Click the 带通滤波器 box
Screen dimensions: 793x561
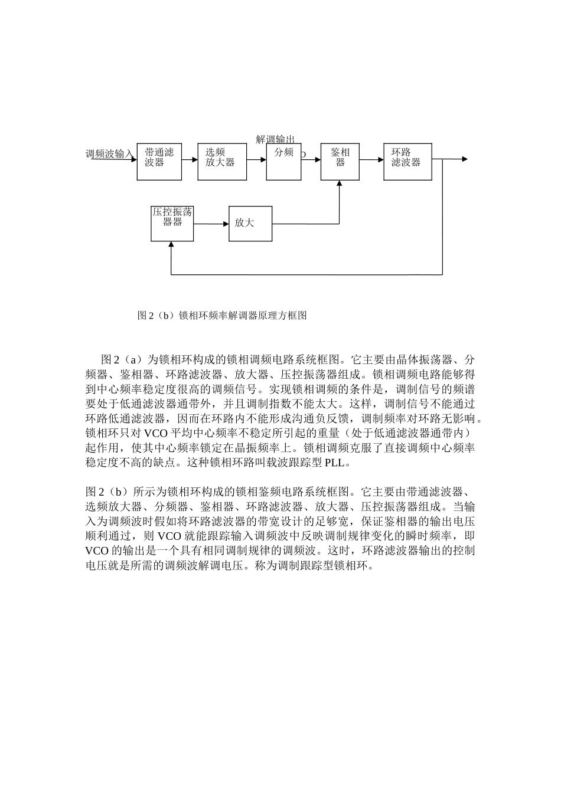(x=159, y=161)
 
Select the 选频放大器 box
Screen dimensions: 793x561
(x=222, y=161)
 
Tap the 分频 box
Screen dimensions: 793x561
(x=284, y=161)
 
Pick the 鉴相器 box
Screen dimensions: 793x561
(x=340, y=161)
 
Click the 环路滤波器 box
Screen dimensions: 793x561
(x=407, y=161)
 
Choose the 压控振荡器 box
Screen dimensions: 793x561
(x=172, y=223)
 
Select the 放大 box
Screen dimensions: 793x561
(x=250, y=223)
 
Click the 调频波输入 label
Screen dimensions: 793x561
(x=110, y=154)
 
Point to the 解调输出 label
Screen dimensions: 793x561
(x=275, y=139)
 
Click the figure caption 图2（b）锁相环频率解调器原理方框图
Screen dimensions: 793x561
(x=222, y=315)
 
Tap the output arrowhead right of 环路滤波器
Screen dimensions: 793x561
(x=465, y=159)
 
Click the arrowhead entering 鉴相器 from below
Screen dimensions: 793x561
(x=340, y=183)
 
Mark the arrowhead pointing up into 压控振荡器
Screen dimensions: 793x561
(x=171, y=244)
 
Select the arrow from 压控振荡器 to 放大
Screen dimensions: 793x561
(x=211, y=224)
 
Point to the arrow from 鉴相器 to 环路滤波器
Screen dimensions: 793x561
(x=371, y=159)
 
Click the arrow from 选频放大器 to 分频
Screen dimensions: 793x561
(x=256, y=159)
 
